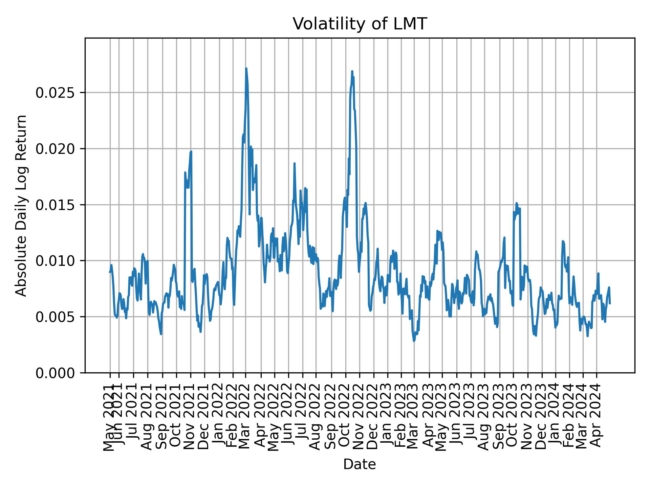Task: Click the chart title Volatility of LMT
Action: coord(360,24)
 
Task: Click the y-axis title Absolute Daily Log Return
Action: coord(22,205)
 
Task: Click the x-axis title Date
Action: coord(360,464)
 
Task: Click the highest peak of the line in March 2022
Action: coord(246,68)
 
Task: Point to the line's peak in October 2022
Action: coord(352,71)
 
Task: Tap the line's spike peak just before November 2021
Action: coord(191,152)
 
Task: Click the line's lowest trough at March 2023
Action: coord(414,341)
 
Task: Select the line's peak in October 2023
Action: coord(516,203)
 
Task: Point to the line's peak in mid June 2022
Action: coord(295,163)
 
